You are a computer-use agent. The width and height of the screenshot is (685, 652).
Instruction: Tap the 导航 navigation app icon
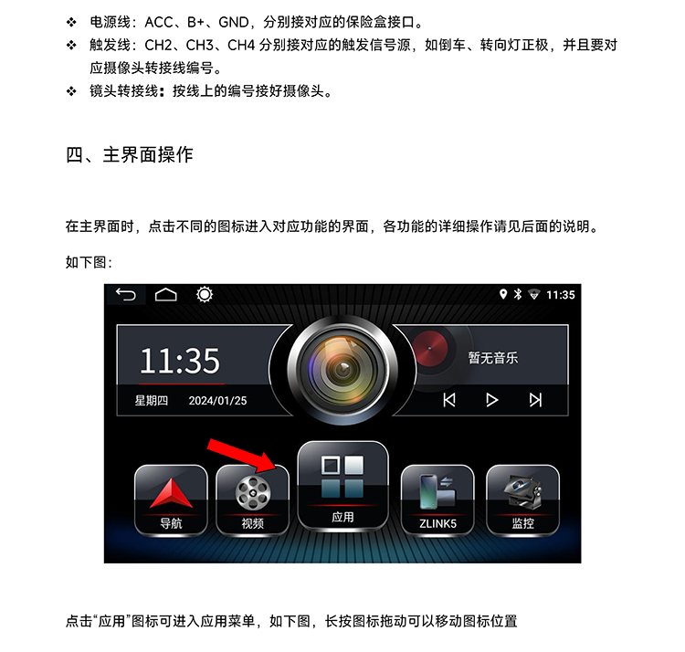171,500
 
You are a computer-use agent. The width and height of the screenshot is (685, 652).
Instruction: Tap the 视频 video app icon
252,500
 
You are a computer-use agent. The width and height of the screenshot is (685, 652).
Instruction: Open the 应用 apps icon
342,486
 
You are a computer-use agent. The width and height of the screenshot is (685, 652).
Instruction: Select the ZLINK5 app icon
437,500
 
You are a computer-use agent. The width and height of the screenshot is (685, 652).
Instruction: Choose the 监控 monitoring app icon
522,500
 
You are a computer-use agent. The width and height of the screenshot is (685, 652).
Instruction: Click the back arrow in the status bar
126,295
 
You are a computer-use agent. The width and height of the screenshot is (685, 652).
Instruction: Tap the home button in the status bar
166,295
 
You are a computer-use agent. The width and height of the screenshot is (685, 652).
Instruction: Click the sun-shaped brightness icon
205,294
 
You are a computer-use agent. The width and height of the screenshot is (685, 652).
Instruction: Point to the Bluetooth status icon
518,294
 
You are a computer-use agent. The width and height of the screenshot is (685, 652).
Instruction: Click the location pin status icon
503,294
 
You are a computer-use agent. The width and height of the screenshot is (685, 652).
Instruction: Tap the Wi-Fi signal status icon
534,295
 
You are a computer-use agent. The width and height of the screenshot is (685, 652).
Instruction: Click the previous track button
449,400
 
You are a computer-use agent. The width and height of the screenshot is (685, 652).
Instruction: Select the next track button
535,400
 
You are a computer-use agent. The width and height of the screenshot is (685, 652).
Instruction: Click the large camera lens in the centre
342,369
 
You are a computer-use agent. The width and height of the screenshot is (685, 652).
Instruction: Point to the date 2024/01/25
217,401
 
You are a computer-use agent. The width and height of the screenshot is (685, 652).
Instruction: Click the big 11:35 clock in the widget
180,361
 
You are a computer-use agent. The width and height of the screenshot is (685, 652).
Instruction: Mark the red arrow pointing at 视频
242,456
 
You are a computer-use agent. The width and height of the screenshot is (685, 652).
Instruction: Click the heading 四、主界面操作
130,154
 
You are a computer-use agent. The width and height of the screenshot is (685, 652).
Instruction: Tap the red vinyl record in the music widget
430,349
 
